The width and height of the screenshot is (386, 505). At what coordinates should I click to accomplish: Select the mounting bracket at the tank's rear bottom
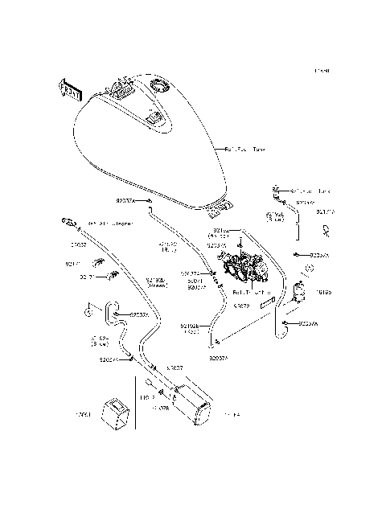point(216,212)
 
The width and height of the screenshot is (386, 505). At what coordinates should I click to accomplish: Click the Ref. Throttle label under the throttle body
point(252,293)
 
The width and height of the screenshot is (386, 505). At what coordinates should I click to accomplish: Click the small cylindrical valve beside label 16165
point(302,290)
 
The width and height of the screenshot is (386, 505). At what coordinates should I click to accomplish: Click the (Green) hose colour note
point(158,285)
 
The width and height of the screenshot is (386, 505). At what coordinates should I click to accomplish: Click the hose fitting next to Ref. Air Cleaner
point(69,221)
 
